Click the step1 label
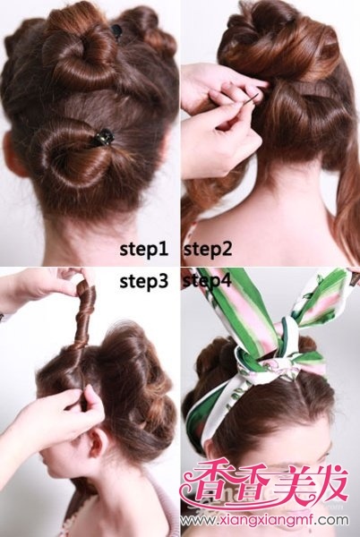click(144, 250)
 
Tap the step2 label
click(208, 250)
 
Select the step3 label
click(144, 282)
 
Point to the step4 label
click(208, 281)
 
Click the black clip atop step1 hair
click(116, 30)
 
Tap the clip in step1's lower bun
click(103, 137)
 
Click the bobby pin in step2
click(252, 99)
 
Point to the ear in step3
click(97, 442)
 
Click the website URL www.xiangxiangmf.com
click(264, 521)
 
